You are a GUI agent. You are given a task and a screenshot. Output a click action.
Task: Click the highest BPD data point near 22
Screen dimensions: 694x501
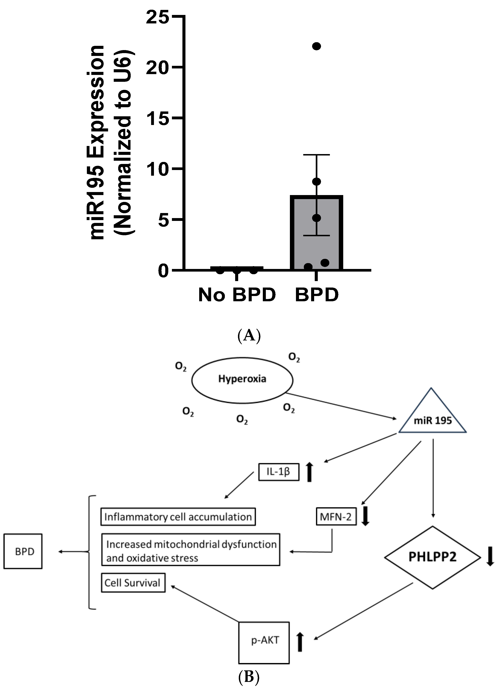pyautogui.click(x=316, y=46)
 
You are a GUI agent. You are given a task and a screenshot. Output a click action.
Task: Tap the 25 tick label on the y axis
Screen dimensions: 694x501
pyautogui.click(x=157, y=17)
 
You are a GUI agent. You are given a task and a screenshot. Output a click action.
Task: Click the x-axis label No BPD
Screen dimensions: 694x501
pyautogui.click(x=237, y=295)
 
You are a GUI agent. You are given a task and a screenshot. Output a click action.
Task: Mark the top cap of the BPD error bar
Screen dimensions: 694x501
pyautogui.click(x=316, y=155)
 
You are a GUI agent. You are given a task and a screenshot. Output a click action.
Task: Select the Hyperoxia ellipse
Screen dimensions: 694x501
pyautogui.click(x=242, y=380)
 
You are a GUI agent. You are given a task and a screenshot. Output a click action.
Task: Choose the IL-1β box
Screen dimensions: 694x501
pyautogui.click(x=278, y=472)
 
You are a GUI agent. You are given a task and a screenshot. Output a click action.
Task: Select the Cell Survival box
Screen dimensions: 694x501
pyautogui.click(x=133, y=583)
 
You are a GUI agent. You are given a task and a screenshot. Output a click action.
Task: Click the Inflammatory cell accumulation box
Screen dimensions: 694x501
pyautogui.click(x=178, y=517)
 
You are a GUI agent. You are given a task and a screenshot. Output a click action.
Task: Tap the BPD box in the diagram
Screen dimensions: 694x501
pyautogui.click(x=23, y=551)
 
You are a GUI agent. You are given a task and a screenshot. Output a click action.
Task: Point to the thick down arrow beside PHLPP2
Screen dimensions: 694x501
pyautogui.click(x=490, y=556)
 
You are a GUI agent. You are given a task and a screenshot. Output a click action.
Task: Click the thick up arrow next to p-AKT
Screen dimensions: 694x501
pyautogui.click(x=300, y=642)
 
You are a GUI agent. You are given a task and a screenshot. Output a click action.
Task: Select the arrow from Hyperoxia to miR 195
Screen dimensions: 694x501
pyautogui.click(x=340, y=406)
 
